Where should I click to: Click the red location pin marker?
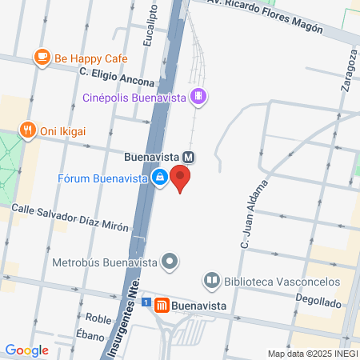point(182,178)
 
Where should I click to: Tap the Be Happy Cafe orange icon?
point(41,57)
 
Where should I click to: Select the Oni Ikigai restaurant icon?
point(28,131)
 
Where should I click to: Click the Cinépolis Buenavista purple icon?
point(199,98)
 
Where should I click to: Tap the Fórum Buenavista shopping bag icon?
point(160,177)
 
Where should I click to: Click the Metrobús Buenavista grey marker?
point(170,261)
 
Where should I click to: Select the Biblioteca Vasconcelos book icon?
point(212,281)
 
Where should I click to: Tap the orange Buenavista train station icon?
point(162,305)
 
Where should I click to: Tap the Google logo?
point(26,350)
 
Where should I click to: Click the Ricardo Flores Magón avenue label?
point(269,15)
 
